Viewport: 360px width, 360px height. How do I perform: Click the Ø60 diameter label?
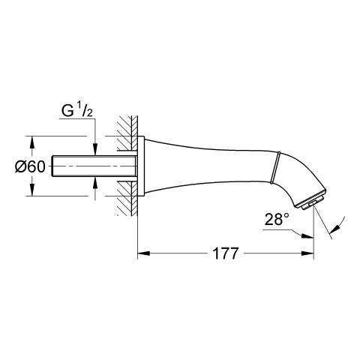pyautogui.click(x=30, y=166)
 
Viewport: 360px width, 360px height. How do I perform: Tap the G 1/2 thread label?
pyautogui.click(x=77, y=111)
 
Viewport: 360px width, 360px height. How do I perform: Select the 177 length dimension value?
pyautogui.click(x=226, y=253)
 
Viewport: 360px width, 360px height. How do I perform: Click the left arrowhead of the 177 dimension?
pyautogui.click(x=144, y=253)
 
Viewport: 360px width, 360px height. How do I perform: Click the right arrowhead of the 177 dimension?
pyautogui.click(x=307, y=253)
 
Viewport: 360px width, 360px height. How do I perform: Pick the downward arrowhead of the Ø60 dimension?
pyautogui.click(x=31, y=190)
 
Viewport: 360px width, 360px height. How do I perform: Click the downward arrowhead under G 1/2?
pyautogui.click(x=95, y=149)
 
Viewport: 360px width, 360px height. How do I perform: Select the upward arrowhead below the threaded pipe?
pyautogui.click(x=95, y=183)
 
